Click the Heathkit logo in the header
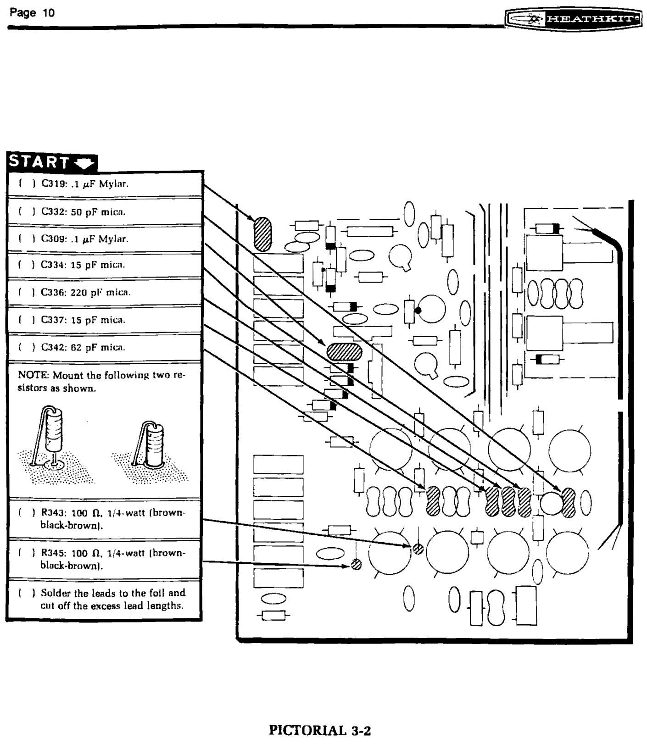click(574, 19)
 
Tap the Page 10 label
click(32, 13)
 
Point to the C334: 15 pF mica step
click(83, 265)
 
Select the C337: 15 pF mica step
click(83, 320)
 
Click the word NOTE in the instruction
click(33, 375)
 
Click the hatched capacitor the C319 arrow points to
click(263, 234)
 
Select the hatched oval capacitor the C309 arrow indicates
click(344, 352)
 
